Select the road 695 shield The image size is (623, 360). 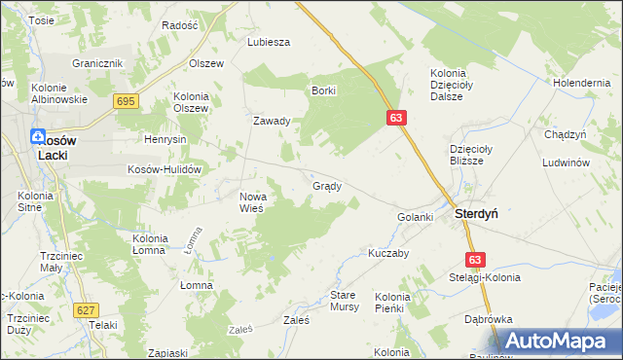(125, 101)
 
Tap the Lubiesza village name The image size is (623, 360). (270, 42)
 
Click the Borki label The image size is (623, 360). (324, 90)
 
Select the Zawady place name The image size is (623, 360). (273, 122)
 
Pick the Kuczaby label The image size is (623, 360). (387, 252)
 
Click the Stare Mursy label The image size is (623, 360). (345, 300)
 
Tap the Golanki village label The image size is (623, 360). (415, 216)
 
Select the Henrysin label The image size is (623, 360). (165, 139)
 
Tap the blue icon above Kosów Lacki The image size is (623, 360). (38, 138)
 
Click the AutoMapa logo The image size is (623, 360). (559, 341)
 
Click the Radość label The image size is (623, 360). (180, 25)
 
